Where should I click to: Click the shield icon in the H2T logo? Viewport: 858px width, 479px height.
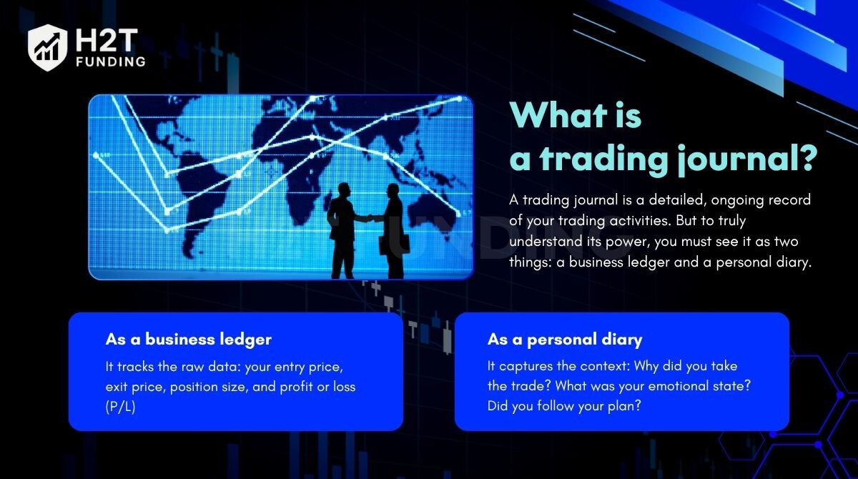click(47, 47)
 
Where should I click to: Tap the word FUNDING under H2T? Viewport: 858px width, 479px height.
click(111, 61)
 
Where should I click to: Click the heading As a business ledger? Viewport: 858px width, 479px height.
click(189, 340)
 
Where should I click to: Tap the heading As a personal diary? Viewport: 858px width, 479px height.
click(565, 340)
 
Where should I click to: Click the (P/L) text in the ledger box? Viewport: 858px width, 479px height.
click(120, 407)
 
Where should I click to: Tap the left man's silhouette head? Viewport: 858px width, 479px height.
click(344, 190)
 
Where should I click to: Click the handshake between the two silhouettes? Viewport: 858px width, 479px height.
click(369, 218)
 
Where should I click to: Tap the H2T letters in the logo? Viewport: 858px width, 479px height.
click(106, 40)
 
